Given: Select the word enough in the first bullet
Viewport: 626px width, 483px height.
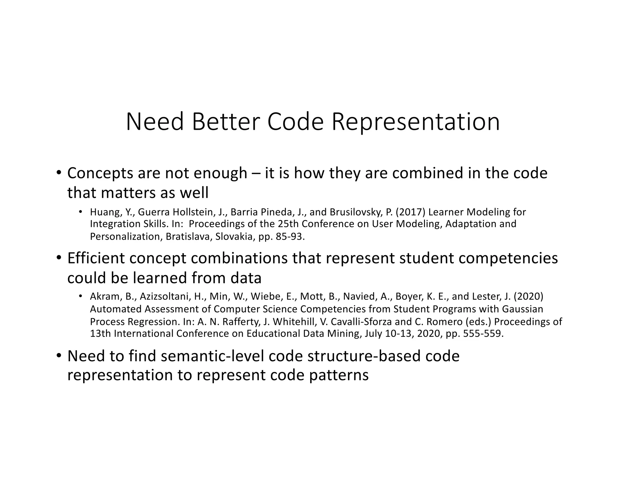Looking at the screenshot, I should click(x=220, y=173).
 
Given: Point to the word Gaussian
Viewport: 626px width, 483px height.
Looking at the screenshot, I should click(x=523, y=309).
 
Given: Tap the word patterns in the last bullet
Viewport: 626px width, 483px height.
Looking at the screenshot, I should click(x=339, y=375).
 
